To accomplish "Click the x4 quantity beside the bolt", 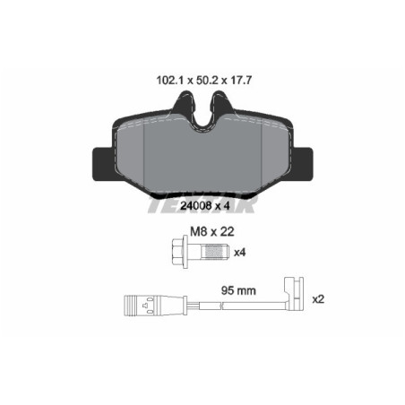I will [x=240, y=254].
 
